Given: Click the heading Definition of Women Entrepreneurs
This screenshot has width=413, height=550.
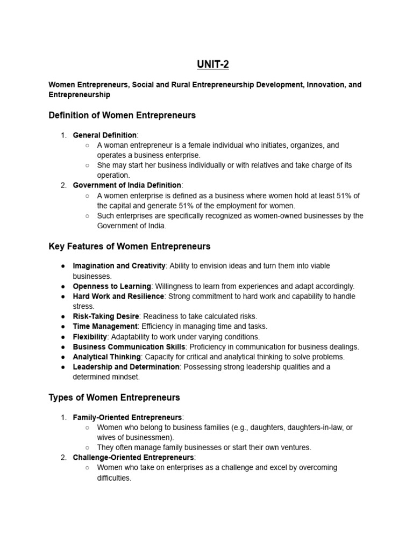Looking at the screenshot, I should (122, 115).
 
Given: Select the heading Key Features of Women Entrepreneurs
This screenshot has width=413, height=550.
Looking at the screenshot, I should (129, 247).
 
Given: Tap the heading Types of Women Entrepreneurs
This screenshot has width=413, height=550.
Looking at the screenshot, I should (114, 397).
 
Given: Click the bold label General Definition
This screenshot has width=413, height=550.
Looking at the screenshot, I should (104, 135).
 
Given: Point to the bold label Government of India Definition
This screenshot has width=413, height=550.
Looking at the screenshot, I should (127, 185).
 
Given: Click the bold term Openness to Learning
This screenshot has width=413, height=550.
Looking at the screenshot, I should (112, 286).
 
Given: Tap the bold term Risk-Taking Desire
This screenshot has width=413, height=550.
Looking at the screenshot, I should (105, 316).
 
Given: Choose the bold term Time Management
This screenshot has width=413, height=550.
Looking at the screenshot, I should (105, 327).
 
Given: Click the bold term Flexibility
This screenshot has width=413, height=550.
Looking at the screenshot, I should (90, 337).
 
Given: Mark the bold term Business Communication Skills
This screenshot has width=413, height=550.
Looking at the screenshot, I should (128, 347).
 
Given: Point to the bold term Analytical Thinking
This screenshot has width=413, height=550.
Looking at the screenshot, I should (106, 357).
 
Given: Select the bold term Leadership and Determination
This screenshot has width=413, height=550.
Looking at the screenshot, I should (126, 367).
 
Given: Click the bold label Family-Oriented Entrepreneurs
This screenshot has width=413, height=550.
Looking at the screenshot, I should (127, 417).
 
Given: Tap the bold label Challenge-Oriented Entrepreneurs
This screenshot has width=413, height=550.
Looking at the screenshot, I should (133, 458).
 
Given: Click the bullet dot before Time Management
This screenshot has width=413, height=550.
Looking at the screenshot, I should (63, 327).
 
